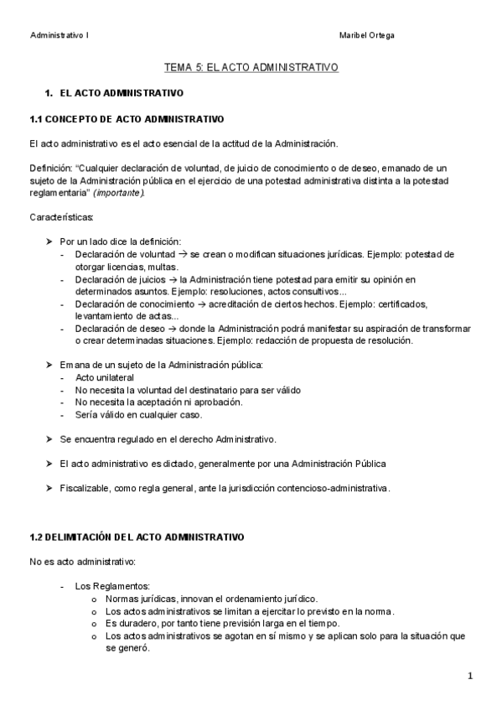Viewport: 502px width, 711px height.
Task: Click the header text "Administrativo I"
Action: click(60, 35)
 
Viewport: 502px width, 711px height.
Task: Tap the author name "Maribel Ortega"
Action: click(368, 35)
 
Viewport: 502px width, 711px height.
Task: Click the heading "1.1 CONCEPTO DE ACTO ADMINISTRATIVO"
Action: click(126, 118)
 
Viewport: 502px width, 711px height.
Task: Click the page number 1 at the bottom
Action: click(470, 676)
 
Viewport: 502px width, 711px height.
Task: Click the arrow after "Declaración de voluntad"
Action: click(183, 254)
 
